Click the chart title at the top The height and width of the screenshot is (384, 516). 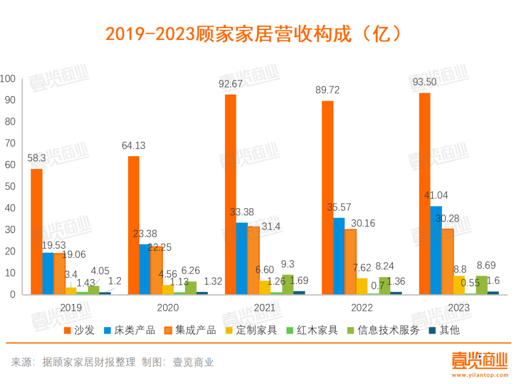[x=254, y=34]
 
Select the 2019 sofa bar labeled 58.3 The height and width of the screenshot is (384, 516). [x=36, y=232]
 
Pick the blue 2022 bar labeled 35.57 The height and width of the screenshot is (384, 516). [x=339, y=256]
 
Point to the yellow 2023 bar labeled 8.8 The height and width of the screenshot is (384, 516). [x=459, y=285]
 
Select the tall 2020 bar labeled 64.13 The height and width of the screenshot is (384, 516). [x=133, y=225]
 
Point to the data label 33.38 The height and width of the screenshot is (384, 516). [x=241, y=213]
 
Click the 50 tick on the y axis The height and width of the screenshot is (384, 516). [x=10, y=187]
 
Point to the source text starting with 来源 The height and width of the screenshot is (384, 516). [x=113, y=362]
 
